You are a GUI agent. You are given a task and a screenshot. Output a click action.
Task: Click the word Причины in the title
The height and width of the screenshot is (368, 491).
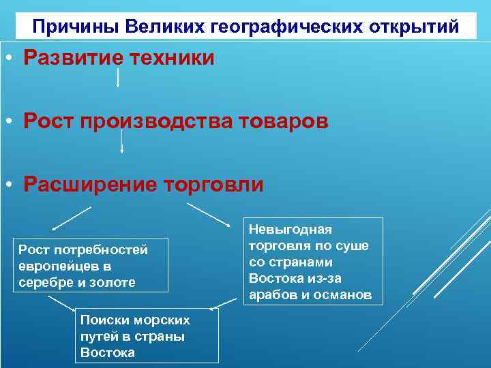coord(68,27)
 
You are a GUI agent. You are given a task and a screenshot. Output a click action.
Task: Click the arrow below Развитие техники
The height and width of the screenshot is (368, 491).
coord(119,78)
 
